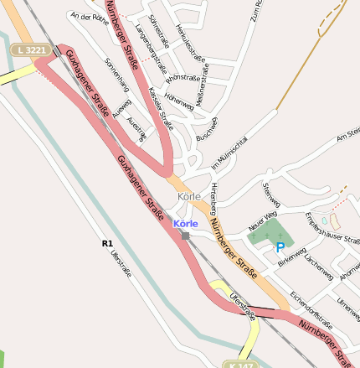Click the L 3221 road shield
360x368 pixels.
coord(31,50)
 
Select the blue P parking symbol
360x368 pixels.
coord(280,247)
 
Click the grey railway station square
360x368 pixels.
coord(186,236)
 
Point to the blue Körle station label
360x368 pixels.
coord(185,224)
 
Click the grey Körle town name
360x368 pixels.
coord(189,196)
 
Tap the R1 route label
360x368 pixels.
coord(107,243)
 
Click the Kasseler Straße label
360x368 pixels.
coord(160,110)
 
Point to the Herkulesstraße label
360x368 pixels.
coord(192,39)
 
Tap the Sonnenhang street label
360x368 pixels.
coord(117,75)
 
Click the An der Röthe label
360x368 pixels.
coord(85,16)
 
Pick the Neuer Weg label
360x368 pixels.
coord(262,221)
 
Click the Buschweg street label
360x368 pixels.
coord(207,127)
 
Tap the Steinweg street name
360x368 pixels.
coord(270,194)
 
